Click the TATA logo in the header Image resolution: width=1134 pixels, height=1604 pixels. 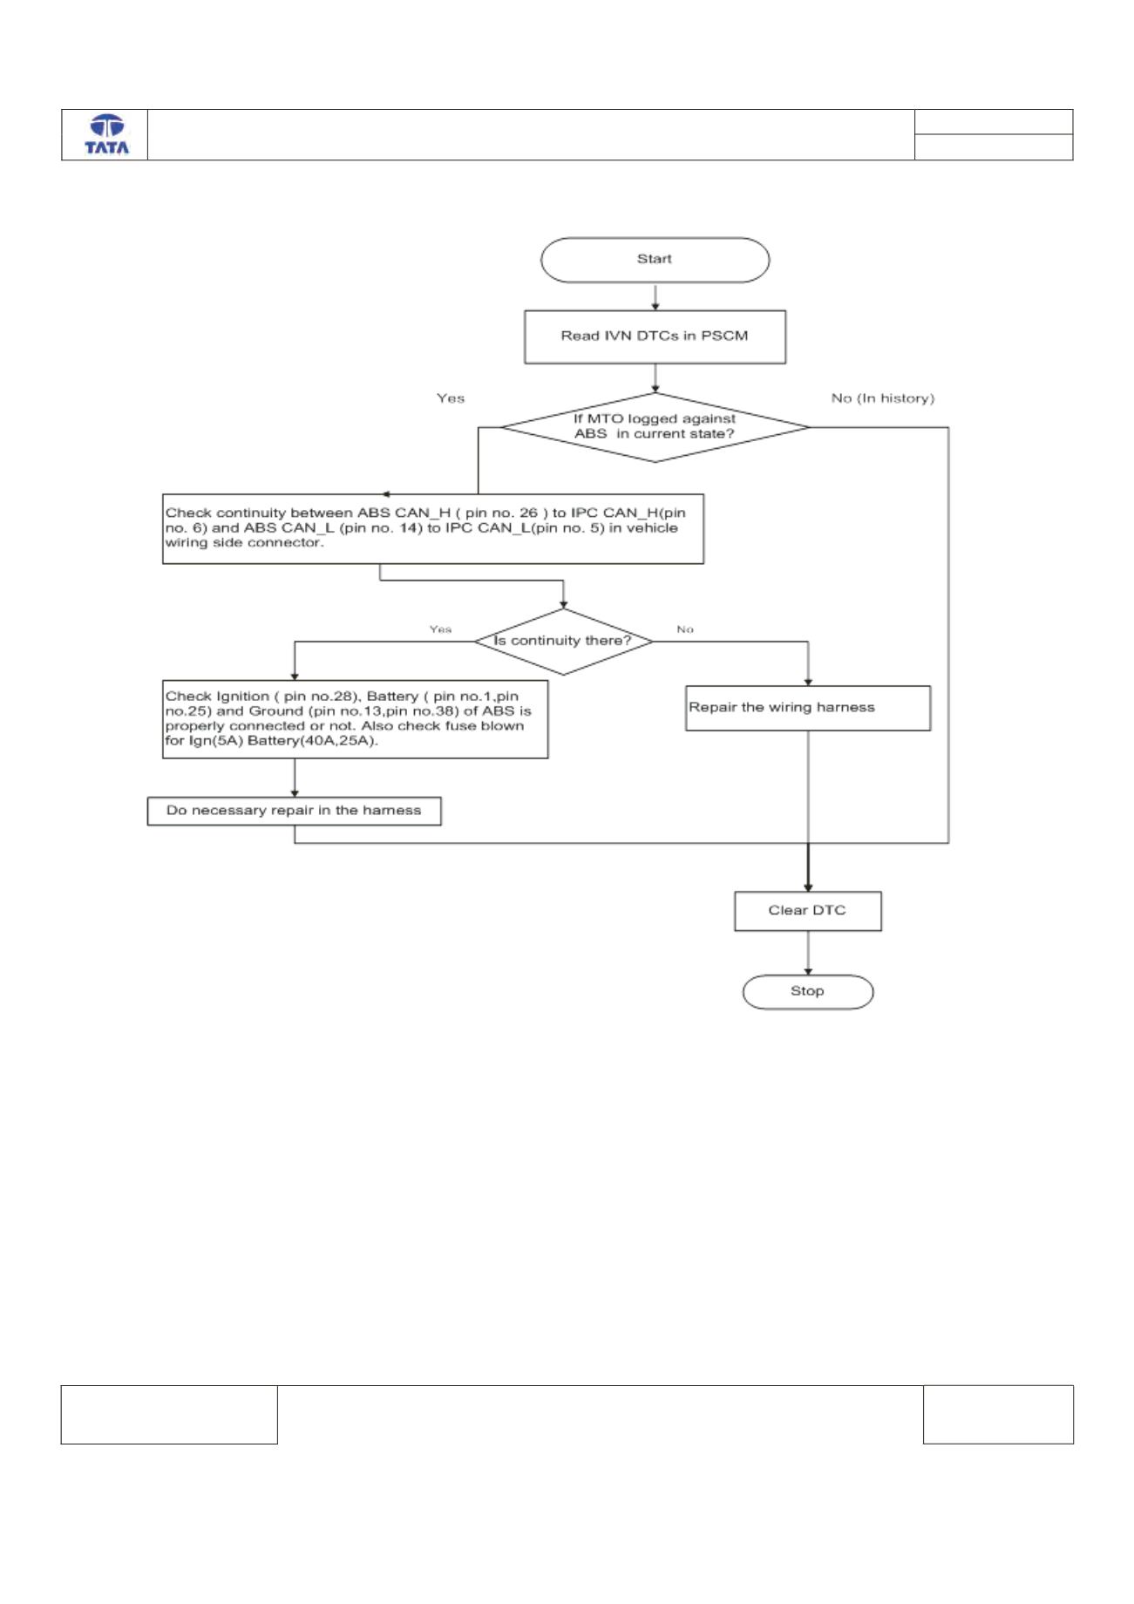pyautogui.click(x=106, y=135)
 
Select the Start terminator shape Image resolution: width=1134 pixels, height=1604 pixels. pyautogui.click(x=655, y=260)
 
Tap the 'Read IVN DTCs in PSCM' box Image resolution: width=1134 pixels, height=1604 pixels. pyautogui.click(x=655, y=336)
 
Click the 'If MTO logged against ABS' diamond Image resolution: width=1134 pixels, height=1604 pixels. pyautogui.click(x=655, y=427)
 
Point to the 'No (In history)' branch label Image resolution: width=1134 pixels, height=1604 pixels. pyautogui.click(x=882, y=398)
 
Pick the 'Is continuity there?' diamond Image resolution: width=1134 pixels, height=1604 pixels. pyautogui.click(x=563, y=642)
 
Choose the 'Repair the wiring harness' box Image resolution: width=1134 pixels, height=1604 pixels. pyautogui.click(x=808, y=708)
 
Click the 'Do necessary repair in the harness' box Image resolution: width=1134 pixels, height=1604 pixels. pyautogui.click(x=294, y=811)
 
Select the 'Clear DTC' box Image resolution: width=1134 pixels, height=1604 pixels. pyautogui.click(x=808, y=911)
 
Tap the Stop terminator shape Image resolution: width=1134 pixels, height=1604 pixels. pyautogui.click(x=808, y=992)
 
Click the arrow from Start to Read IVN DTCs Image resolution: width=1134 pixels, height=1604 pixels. pyautogui.click(x=655, y=296)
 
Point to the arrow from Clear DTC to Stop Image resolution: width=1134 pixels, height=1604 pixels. pyautogui.click(x=808, y=953)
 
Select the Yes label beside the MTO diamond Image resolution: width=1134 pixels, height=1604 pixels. pyautogui.click(x=451, y=398)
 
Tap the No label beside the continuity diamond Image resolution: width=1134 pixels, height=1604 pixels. pyautogui.click(x=685, y=629)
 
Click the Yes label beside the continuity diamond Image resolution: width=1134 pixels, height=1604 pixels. pyautogui.click(x=440, y=629)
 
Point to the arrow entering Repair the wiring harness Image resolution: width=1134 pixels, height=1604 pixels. pyautogui.click(x=808, y=663)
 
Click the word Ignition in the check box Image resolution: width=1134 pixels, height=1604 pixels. pyautogui.click(x=242, y=697)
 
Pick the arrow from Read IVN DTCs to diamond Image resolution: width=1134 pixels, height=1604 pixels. pyautogui.click(x=655, y=378)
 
